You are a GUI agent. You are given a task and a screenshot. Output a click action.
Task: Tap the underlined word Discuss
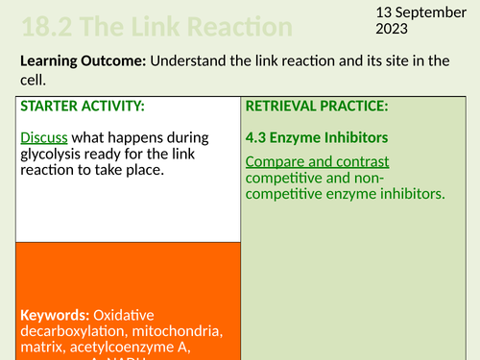[x=43, y=137]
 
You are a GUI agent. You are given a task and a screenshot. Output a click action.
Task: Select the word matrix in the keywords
[x=39, y=349]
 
